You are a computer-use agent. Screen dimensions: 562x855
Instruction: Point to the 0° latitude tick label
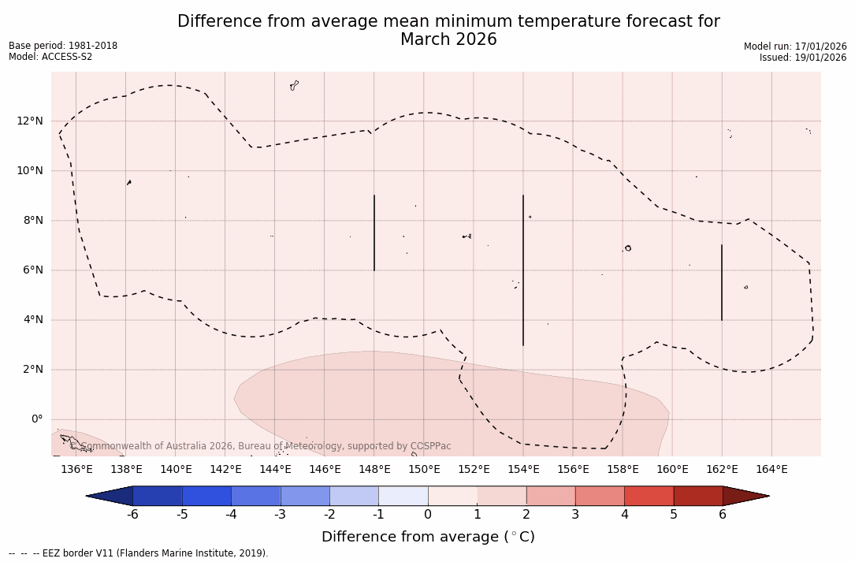pos(36,419)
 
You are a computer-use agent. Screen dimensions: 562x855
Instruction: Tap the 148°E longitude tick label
pos(374,470)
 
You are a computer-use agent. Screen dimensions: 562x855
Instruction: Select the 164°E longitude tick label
pos(771,470)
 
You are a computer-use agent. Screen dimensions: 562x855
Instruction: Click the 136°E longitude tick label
pos(76,470)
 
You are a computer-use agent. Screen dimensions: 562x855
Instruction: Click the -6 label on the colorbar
pos(132,515)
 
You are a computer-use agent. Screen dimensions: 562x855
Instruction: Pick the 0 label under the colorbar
pos(428,515)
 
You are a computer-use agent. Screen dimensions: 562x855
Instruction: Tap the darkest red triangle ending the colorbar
pos(745,496)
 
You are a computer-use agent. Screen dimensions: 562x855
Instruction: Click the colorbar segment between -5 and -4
pos(206,496)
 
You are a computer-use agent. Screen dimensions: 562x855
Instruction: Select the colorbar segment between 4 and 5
pos(649,496)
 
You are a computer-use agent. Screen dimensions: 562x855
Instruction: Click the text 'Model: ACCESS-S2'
pos(50,57)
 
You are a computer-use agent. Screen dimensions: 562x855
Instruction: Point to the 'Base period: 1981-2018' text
pos(63,46)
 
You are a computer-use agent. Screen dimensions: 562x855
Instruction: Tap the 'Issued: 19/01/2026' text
pos(802,58)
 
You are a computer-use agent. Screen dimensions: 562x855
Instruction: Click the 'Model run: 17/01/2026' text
pos(794,47)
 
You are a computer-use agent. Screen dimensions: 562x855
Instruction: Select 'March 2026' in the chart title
pos(448,39)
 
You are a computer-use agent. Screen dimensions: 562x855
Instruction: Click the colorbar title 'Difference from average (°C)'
pos(428,537)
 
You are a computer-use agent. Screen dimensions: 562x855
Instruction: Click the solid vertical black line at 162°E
pos(721,282)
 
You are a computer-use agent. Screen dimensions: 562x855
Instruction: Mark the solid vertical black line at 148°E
pos(374,233)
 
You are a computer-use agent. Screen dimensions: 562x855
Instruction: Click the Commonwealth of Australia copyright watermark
pos(266,446)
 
